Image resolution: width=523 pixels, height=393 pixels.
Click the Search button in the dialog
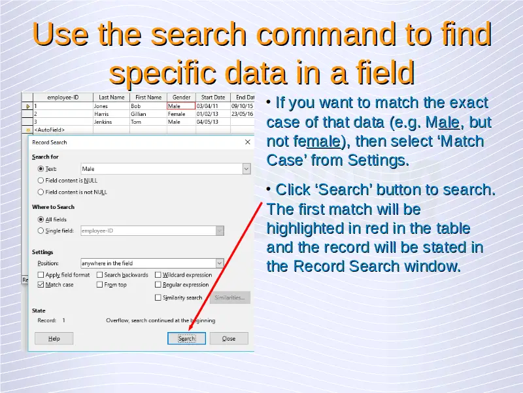tap(186, 338)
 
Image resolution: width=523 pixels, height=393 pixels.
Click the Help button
tap(54, 338)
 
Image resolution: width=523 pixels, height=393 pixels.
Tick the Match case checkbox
tap(41, 285)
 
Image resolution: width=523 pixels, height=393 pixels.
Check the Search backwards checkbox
tap(99, 274)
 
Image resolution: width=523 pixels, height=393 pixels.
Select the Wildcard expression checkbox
tap(158, 274)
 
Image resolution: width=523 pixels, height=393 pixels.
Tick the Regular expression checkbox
tap(158, 285)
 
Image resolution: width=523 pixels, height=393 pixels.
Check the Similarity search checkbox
tap(158, 297)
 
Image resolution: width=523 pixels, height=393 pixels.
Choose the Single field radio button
tap(41, 231)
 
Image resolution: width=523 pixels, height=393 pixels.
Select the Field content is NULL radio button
tap(41, 181)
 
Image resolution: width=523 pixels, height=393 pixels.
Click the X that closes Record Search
tap(248, 142)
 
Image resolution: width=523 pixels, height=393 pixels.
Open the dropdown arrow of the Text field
tap(246, 169)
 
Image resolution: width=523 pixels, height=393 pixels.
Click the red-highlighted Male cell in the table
tap(181, 106)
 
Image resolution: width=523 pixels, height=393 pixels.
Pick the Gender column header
tap(182, 97)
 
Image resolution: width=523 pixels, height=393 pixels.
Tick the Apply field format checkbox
tap(41, 274)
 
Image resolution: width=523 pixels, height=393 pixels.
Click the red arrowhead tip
tap(189, 331)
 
